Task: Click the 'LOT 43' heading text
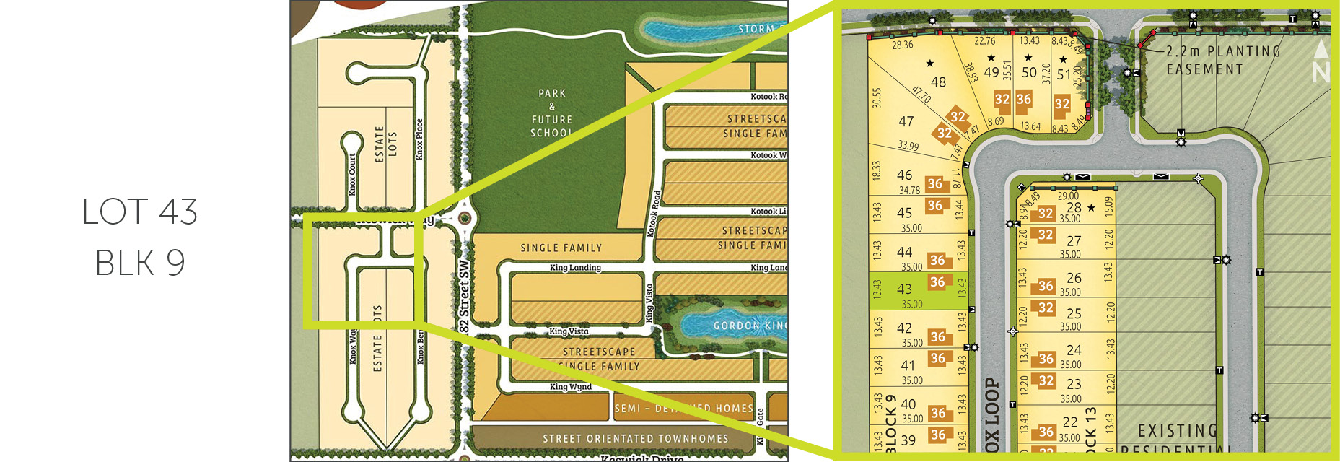[140, 212]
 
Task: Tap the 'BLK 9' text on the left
[140, 263]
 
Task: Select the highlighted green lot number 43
[904, 289]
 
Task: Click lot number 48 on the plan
[938, 82]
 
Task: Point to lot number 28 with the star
[1074, 208]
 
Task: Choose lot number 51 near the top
[1064, 74]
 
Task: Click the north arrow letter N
[1321, 72]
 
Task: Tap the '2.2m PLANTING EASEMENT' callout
[1223, 61]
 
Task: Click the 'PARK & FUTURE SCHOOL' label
[552, 113]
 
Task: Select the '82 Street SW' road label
[464, 296]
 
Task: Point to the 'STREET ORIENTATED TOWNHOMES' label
[635, 438]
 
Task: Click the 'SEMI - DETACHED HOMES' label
[683, 409]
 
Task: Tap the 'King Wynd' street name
[570, 387]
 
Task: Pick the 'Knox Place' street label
[419, 139]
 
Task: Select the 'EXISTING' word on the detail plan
[1177, 431]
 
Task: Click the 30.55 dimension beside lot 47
[877, 98]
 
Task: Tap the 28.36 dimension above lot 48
[903, 45]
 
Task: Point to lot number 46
[904, 175]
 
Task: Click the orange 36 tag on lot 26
[1046, 287]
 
